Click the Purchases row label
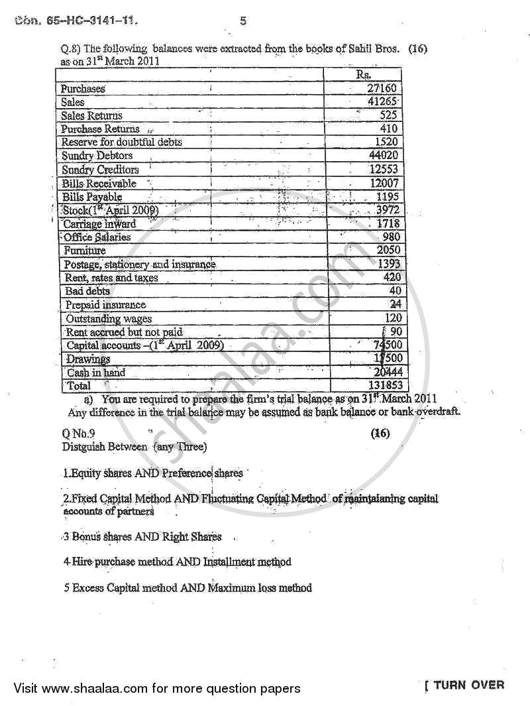point(83,88)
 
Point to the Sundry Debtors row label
point(97,156)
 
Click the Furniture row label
point(85,251)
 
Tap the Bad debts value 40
point(396,291)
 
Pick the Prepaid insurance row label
point(105,305)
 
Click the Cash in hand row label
point(96,373)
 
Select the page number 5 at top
point(243,21)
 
